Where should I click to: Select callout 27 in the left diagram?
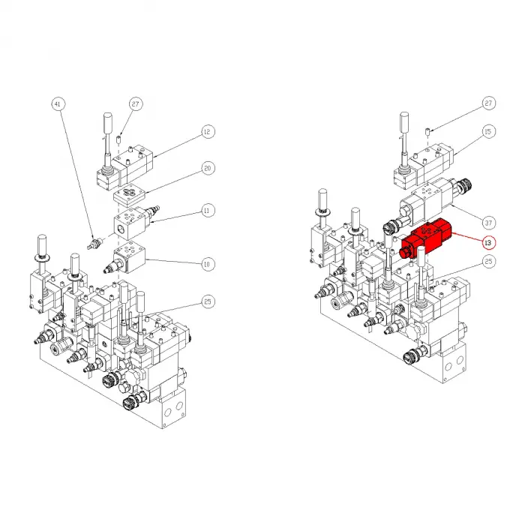(136, 103)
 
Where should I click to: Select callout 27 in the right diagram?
(488, 103)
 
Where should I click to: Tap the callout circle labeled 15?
(488, 133)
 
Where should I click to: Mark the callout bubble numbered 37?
(488, 222)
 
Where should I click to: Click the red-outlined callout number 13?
(488, 242)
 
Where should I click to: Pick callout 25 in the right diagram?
(488, 262)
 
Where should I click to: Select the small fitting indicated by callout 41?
(94, 243)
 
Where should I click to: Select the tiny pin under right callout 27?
(427, 133)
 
